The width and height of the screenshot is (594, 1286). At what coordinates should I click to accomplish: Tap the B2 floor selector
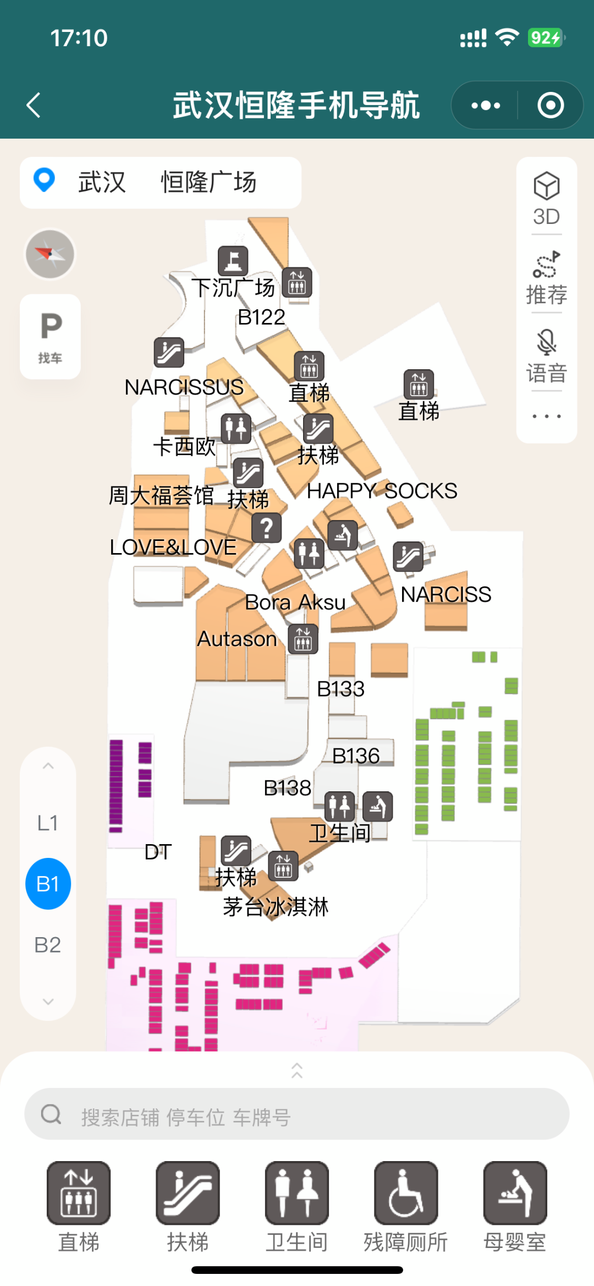47,945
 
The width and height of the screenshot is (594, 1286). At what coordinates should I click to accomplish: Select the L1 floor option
47,823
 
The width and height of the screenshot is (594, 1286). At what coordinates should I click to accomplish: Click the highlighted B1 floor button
48,884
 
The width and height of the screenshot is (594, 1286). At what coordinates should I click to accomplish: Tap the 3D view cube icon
546,186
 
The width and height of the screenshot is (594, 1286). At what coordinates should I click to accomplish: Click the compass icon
50,254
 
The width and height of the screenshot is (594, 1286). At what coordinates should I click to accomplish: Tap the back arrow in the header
34,105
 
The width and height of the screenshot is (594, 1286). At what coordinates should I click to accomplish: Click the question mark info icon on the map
267,528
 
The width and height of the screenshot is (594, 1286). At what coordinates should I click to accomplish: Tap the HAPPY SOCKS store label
382,491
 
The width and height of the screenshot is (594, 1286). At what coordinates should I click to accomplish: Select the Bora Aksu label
295,603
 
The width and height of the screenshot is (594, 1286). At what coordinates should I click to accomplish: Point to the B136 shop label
356,756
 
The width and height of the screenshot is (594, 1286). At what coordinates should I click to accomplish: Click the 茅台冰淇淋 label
276,907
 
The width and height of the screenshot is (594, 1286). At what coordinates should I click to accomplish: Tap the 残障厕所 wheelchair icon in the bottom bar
406,1193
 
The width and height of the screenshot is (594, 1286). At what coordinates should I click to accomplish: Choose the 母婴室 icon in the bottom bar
515,1193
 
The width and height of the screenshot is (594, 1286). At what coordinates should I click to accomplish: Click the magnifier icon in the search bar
51,1114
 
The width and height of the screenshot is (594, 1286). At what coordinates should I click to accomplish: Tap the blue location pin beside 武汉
44,179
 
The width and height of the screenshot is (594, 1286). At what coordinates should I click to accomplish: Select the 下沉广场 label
233,288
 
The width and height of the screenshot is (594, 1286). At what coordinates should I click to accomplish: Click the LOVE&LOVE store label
173,548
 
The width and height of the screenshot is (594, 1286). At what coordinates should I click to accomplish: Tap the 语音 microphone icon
546,342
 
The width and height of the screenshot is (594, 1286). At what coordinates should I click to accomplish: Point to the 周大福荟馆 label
161,495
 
